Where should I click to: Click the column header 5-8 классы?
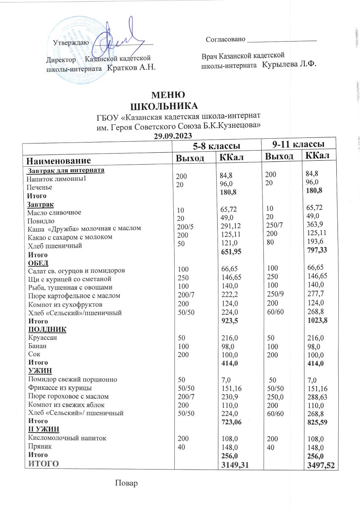click(215, 146)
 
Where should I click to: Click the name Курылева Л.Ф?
click(290, 64)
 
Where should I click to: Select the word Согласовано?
click(226, 39)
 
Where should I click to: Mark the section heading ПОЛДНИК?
click(47, 330)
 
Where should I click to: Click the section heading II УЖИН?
click(43, 428)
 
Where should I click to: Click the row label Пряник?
click(38, 446)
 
